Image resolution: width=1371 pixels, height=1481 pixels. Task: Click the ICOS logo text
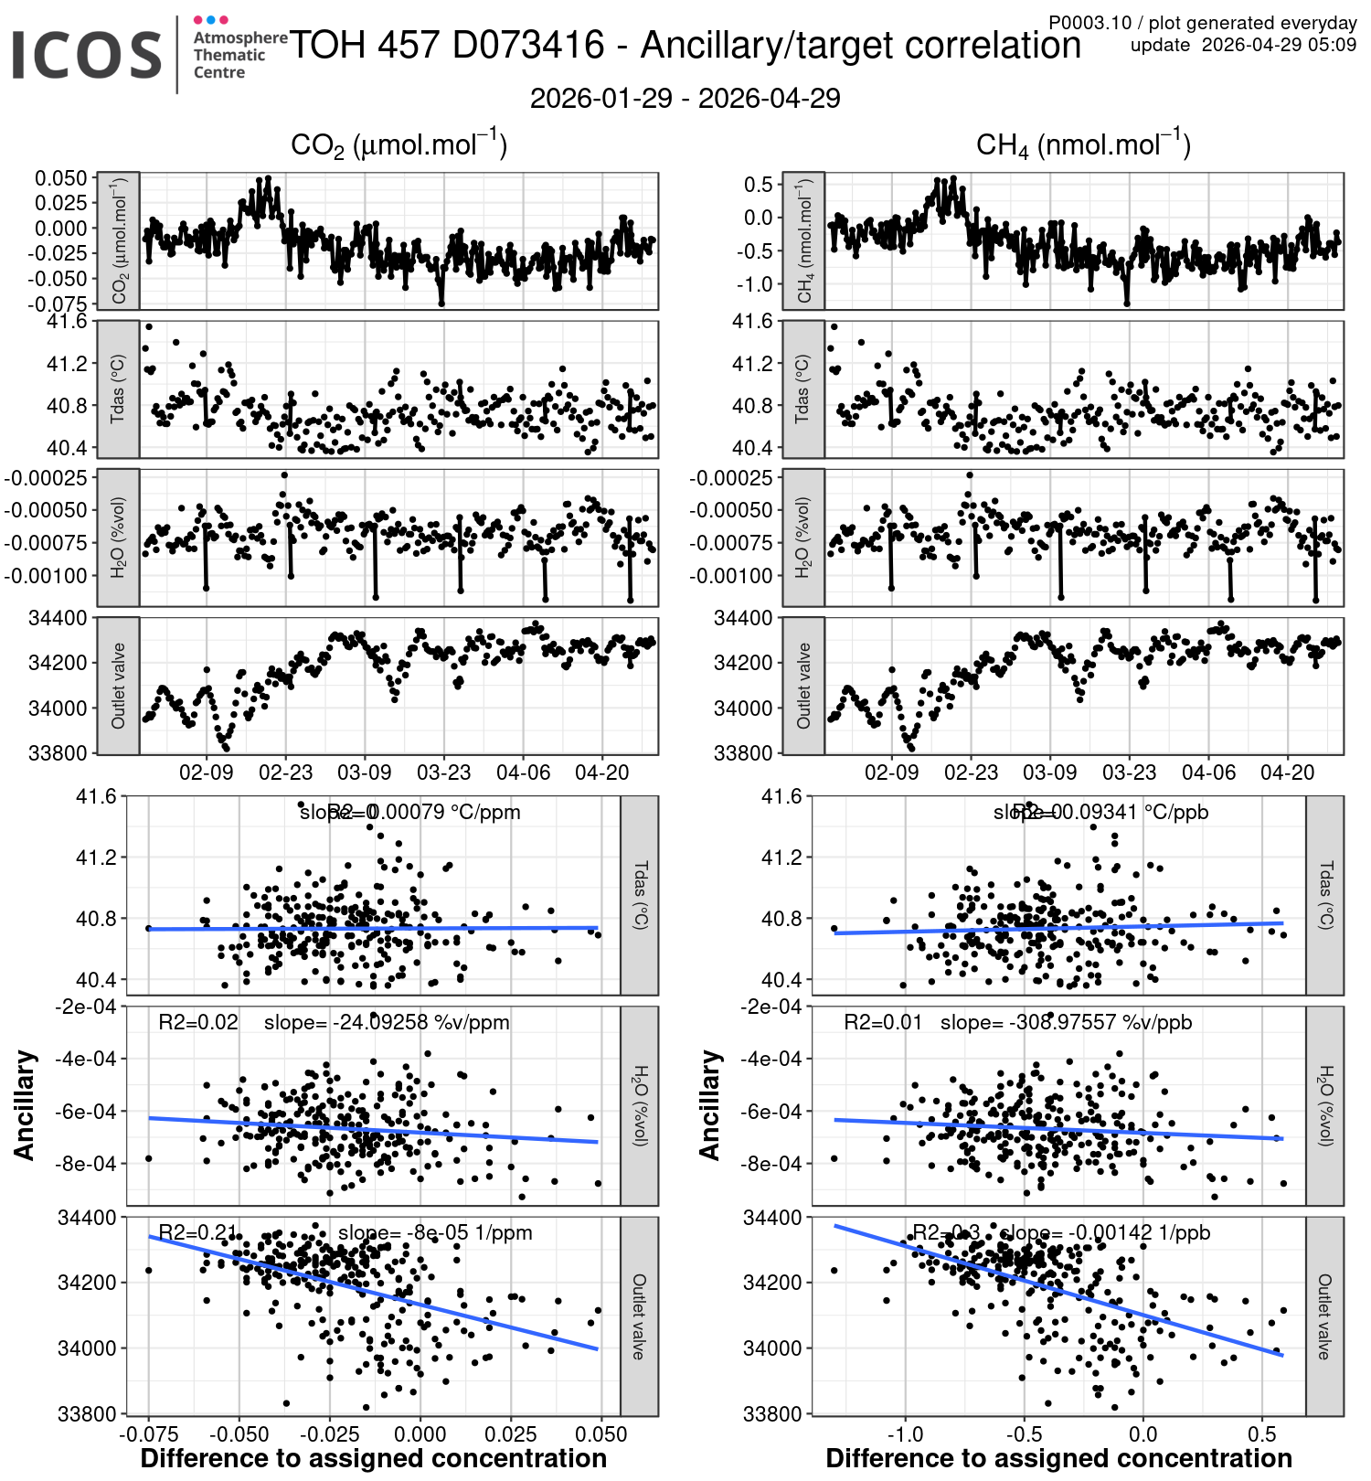(x=87, y=55)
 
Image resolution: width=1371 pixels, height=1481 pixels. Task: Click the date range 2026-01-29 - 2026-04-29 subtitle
(x=685, y=99)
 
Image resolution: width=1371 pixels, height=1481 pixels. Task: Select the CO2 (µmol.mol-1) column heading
(x=399, y=145)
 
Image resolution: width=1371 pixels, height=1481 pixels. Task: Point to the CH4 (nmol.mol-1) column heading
(x=1083, y=145)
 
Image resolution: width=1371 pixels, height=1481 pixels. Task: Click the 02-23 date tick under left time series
(x=285, y=773)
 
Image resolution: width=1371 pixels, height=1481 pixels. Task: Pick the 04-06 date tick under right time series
(x=1208, y=773)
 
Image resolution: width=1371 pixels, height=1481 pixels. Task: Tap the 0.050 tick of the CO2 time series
(x=61, y=178)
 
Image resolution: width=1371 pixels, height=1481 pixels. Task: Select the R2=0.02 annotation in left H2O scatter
(x=198, y=1022)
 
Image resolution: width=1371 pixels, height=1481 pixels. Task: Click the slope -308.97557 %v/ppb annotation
(x=1066, y=1022)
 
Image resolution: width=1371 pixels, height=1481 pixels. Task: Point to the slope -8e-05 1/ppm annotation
(x=435, y=1232)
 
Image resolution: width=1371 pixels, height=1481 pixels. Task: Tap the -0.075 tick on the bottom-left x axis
(x=149, y=1434)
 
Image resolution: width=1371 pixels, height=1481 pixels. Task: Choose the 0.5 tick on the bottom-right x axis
(x=1262, y=1434)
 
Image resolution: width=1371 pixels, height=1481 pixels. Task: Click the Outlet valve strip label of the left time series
(x=118, y=686)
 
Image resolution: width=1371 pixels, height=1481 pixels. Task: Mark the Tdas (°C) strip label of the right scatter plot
(x=1325, y=895)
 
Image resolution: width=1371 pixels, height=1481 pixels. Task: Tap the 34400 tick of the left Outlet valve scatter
(x=87, y=1218)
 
